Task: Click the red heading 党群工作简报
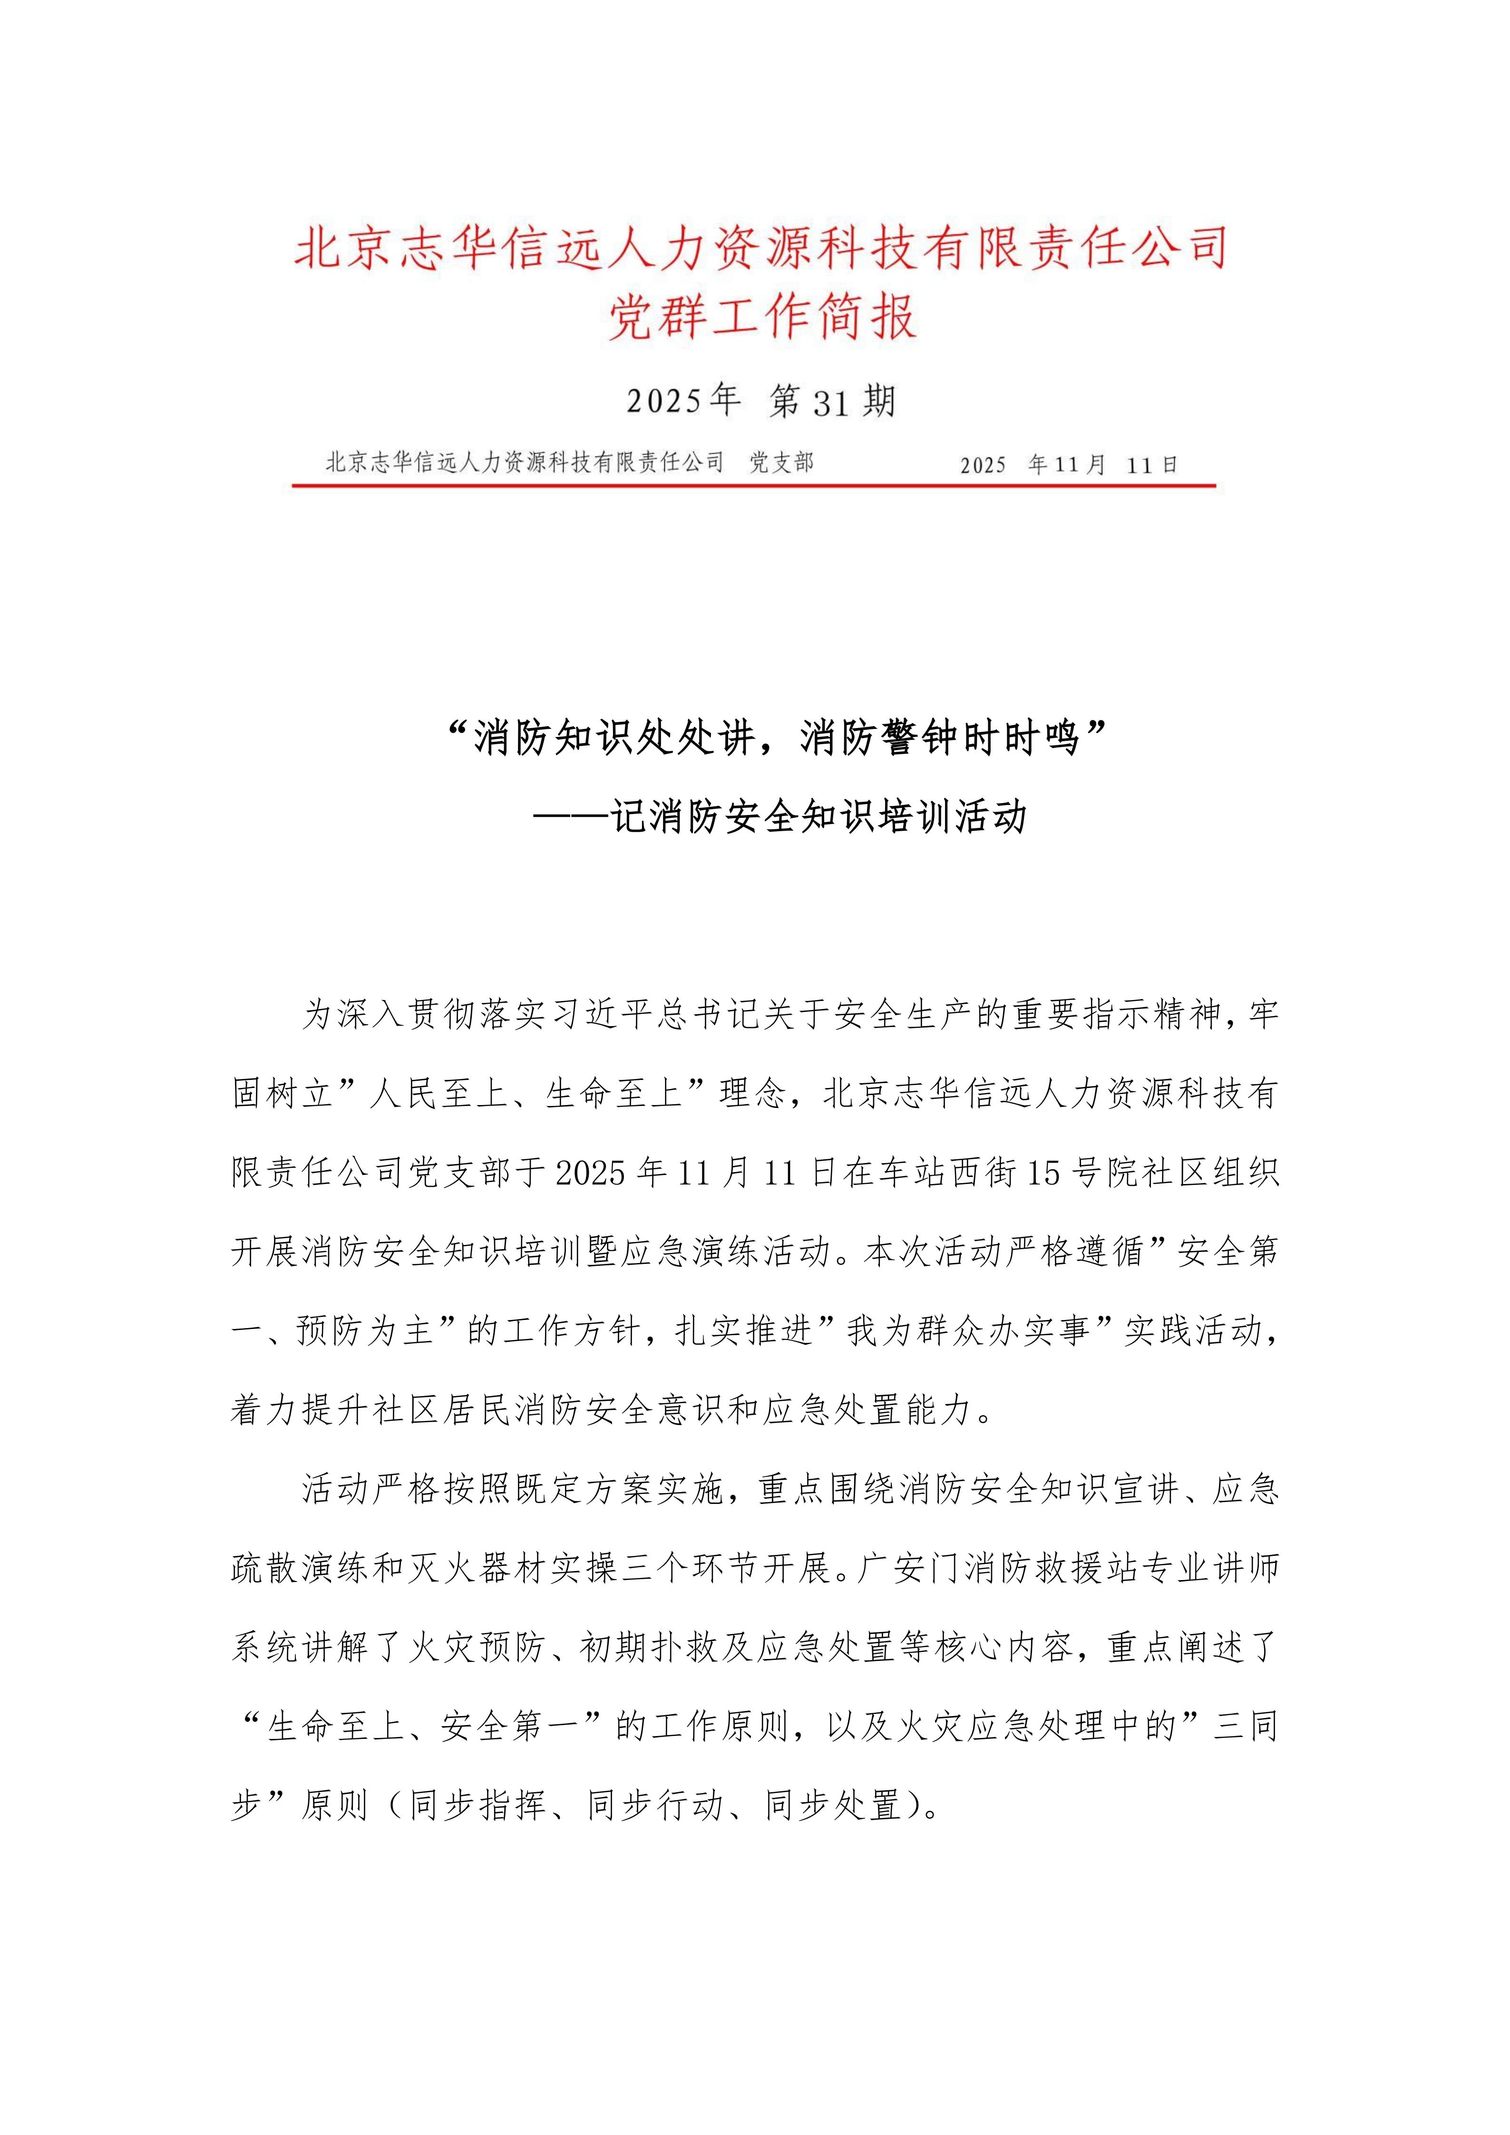(x=762, y=316)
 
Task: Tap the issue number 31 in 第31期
(x=830, y=403)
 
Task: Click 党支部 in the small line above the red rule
(x=781, y=462)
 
